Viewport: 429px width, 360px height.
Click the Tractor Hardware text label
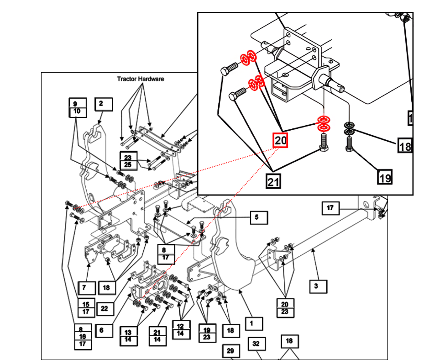tap(141, 79)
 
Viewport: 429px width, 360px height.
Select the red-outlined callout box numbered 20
tap(281, 140)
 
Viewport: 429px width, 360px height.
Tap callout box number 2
tap(104, 104)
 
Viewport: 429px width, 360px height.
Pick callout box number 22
tap(105, 308)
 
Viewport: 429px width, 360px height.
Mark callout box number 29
tap(230, 351)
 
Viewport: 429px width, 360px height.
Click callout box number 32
tap(256, 344)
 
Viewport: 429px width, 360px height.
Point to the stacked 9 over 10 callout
tap(77, 107)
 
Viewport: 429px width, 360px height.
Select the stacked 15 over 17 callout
tap(86, 307)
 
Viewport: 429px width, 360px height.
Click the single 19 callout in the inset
tap(385, 176)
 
